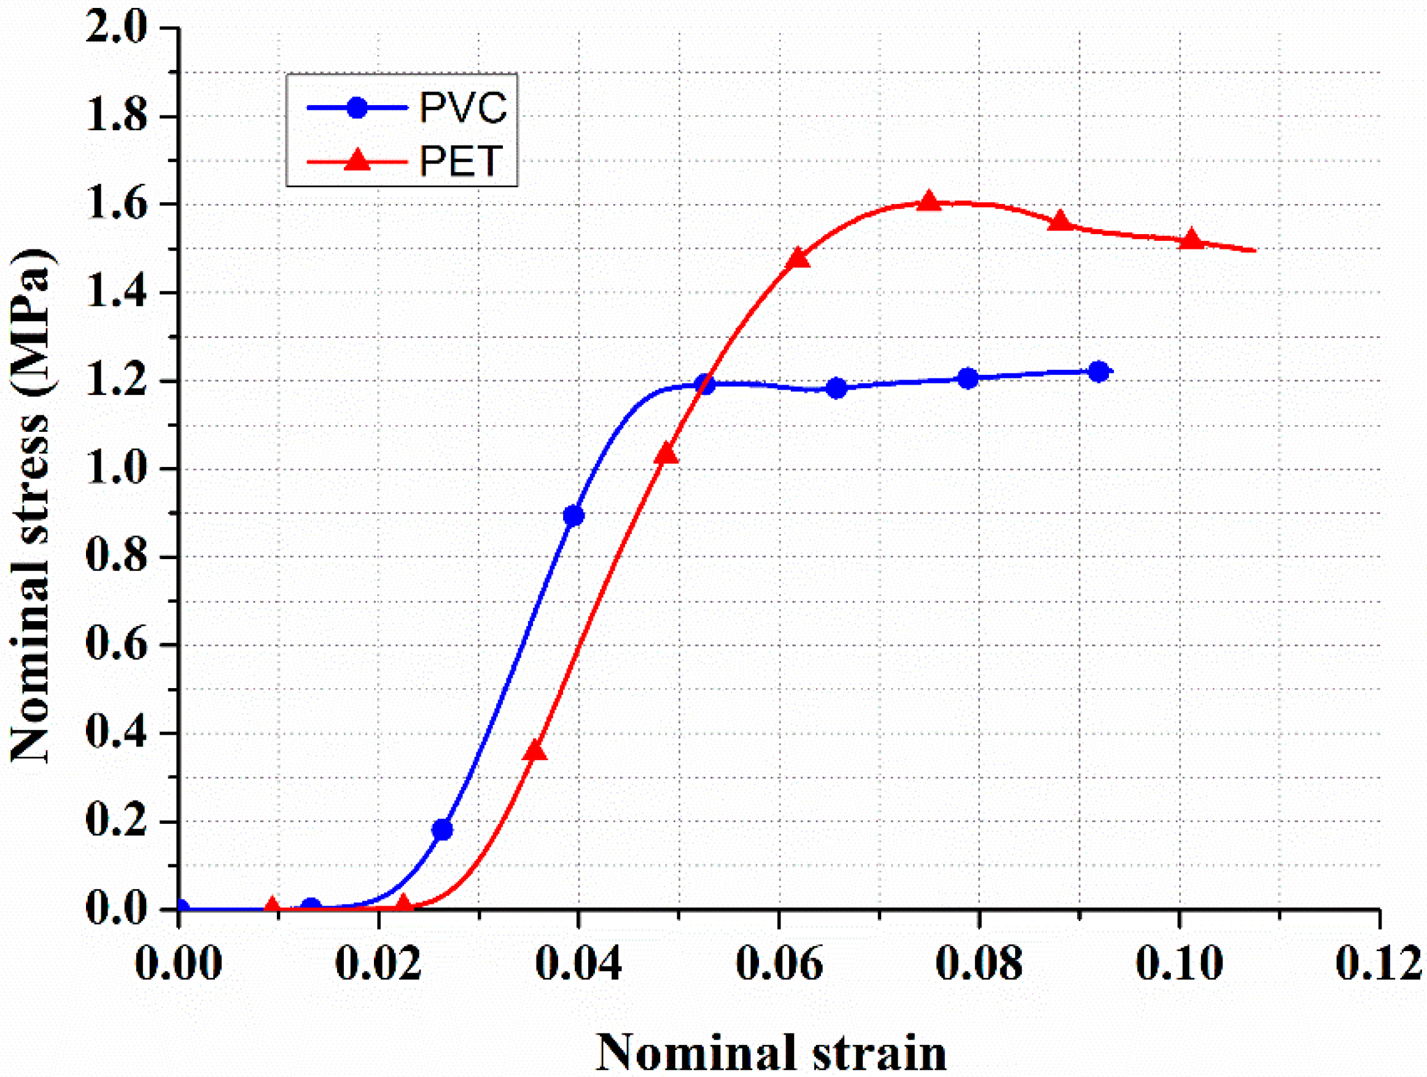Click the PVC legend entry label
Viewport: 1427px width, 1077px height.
click(463, 107)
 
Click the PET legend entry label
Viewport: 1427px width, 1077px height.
click(461, 161)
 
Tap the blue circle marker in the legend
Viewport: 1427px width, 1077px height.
click(357, 107)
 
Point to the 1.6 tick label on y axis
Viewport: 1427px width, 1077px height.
click(116, 204)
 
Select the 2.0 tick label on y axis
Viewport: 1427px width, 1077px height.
click(116, 28)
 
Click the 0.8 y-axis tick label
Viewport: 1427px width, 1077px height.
click(116, 556)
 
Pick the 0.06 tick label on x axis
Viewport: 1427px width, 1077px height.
click(779, 963)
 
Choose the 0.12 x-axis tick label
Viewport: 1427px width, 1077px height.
click(1378, 963)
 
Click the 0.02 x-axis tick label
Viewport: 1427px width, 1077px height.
click(379, 963)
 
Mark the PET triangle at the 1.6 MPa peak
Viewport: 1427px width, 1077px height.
click(929, 202)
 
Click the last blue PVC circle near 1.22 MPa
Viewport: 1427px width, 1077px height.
click(1098, 372)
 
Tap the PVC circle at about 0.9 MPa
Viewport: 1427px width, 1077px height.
click(574, 515)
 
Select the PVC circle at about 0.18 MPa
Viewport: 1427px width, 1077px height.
click(442, 830)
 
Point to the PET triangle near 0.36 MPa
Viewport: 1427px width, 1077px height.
click(535, 751)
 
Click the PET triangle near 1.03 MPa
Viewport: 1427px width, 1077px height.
click(666, 454)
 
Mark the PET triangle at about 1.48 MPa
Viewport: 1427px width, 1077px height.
click(798, 257)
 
